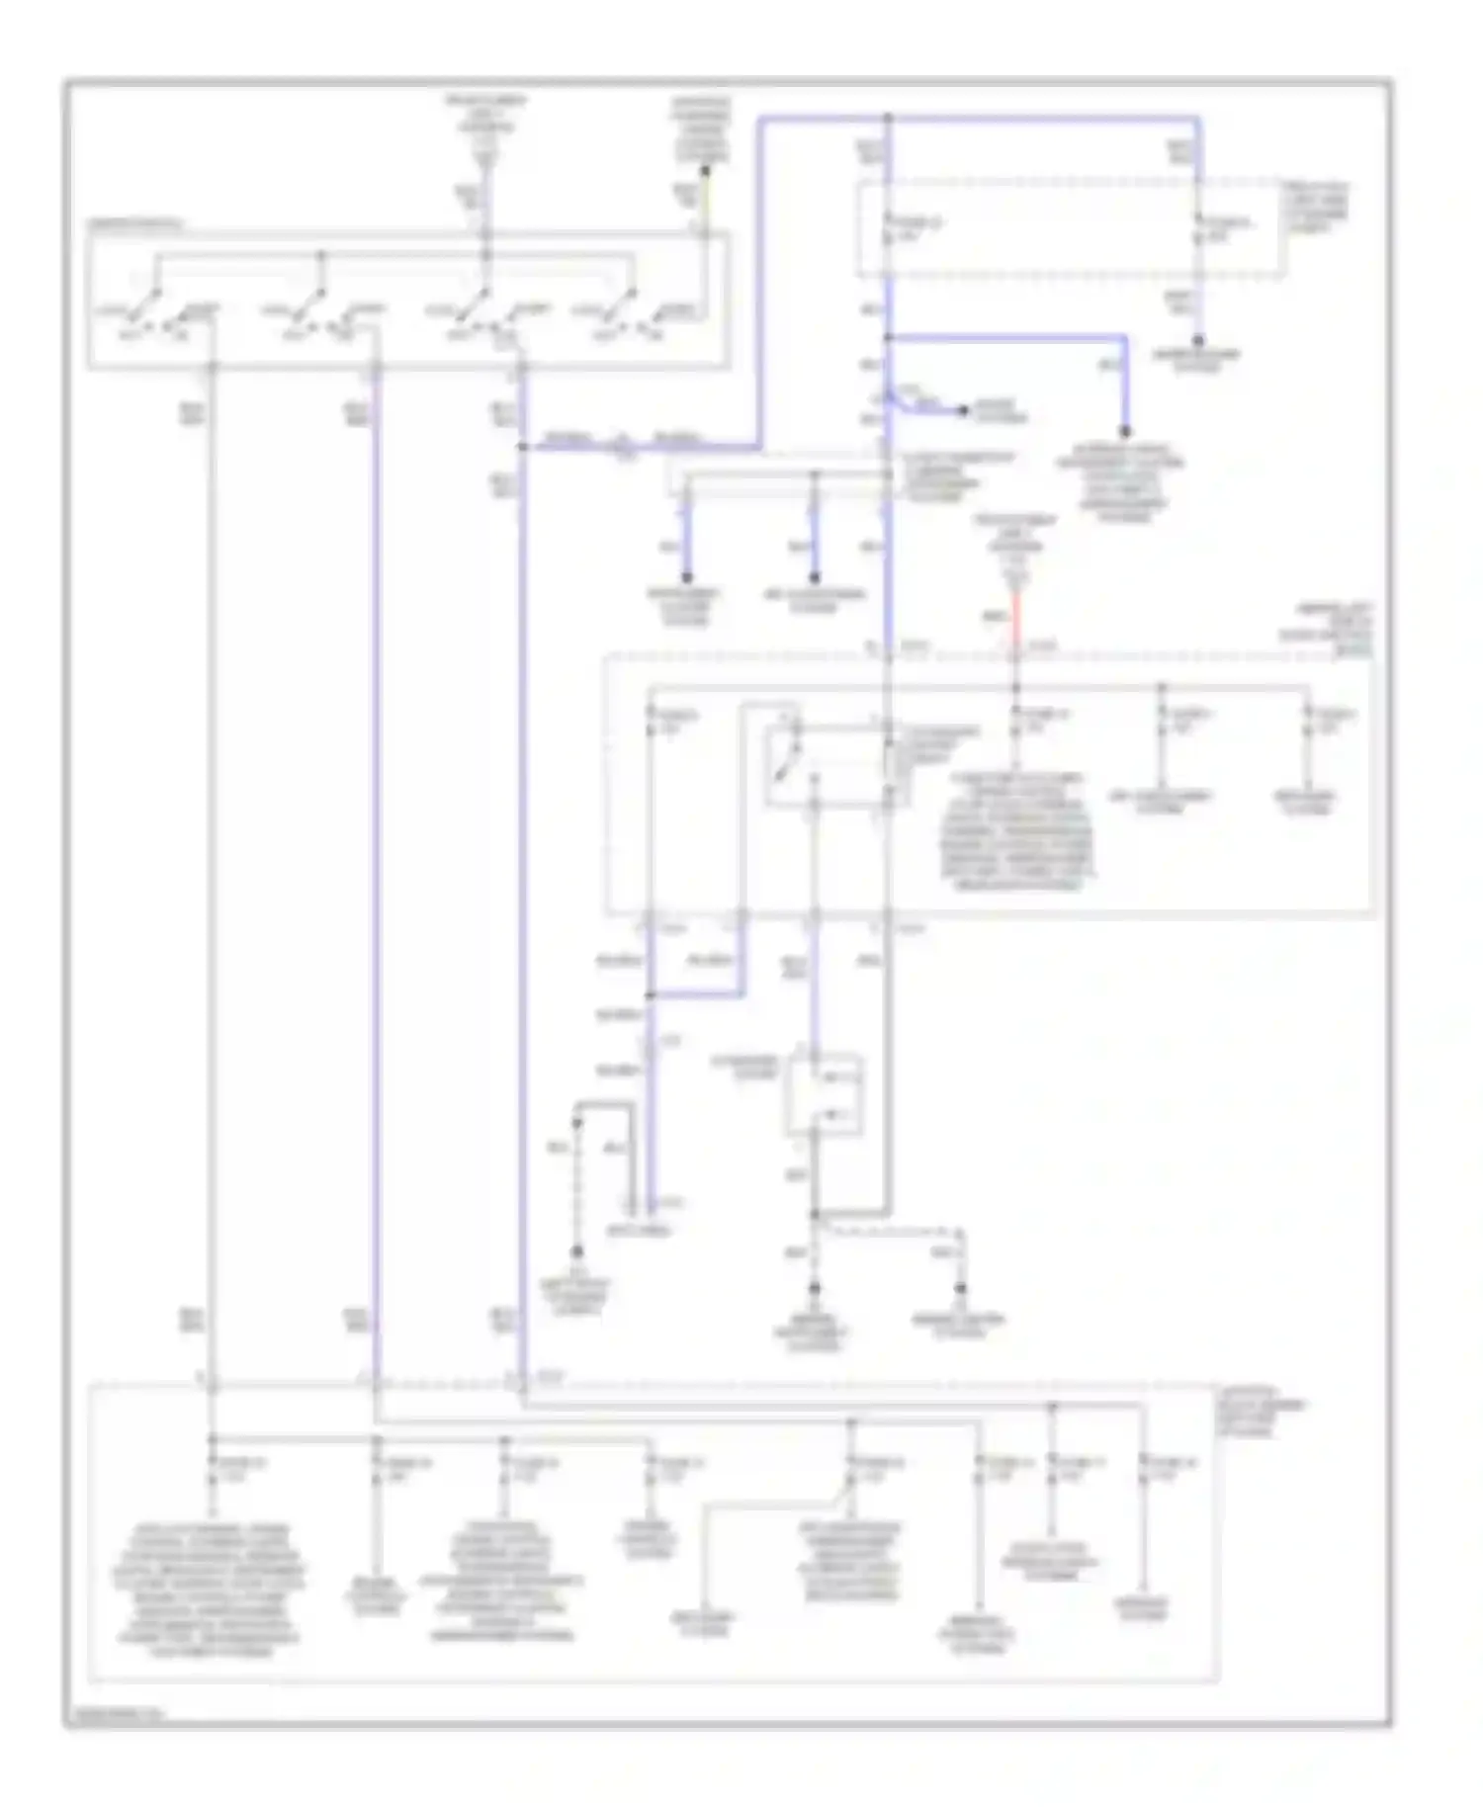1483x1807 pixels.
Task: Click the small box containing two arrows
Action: coord(823,1095)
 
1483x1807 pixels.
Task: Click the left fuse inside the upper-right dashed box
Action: coord(888,229)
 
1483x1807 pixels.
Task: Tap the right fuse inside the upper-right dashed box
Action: coord(1198,229)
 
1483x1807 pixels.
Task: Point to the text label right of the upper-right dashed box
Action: coord(1316,207)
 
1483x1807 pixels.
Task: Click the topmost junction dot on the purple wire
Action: coord(888,119)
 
